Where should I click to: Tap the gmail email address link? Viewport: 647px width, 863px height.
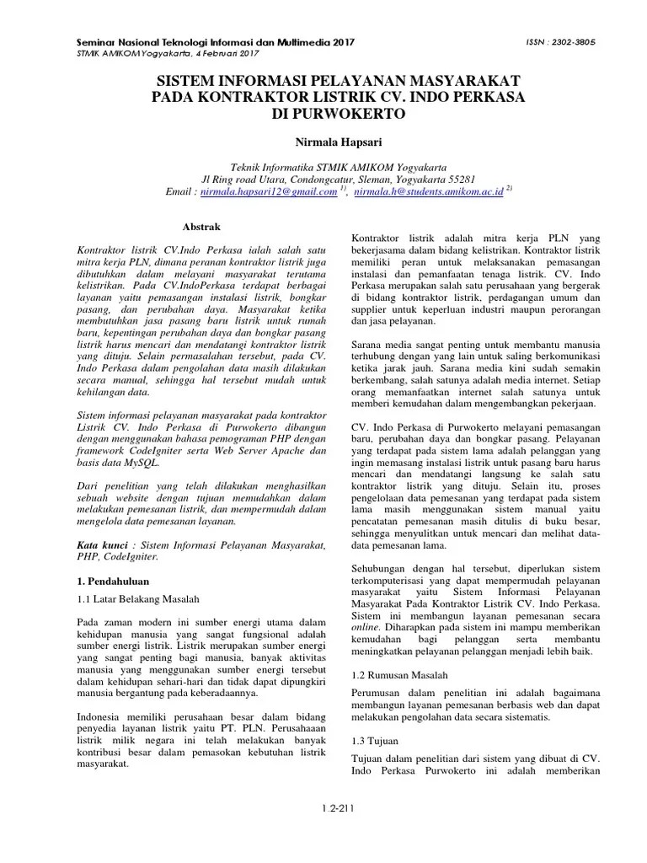click(x=270, y=192)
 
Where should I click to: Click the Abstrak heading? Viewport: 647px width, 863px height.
click(x=201, y=227)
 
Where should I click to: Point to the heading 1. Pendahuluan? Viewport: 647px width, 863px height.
click(x=111, y=581)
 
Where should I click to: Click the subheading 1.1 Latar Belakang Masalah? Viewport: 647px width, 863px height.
click(x=136, y=599)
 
